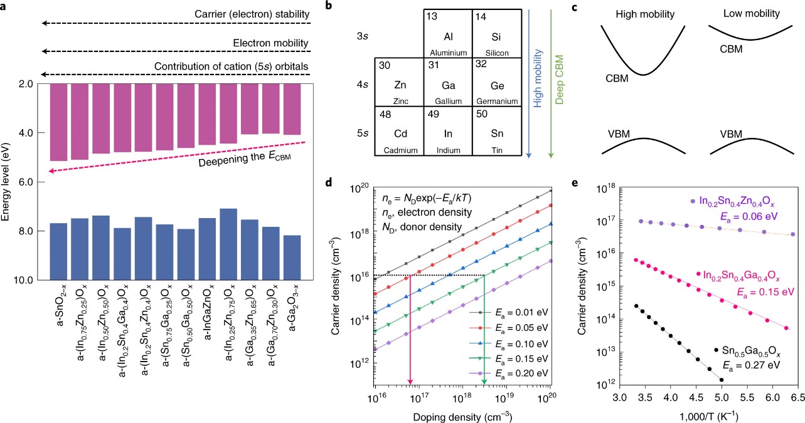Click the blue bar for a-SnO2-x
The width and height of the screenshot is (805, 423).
(x=58, y=251)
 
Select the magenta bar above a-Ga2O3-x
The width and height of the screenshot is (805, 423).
(x=292, y=109)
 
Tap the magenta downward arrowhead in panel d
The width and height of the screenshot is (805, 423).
(x=410, y=382)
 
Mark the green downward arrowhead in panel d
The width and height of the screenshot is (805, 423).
(x=484, y=382)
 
